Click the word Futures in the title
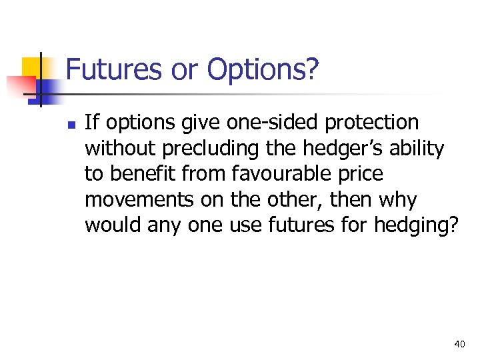(x=114, y=69)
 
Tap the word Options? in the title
(x=263, y=70)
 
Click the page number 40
(x=459, y=344)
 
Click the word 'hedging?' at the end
(x=416, y=226)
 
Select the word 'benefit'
(x=140, y=174)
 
